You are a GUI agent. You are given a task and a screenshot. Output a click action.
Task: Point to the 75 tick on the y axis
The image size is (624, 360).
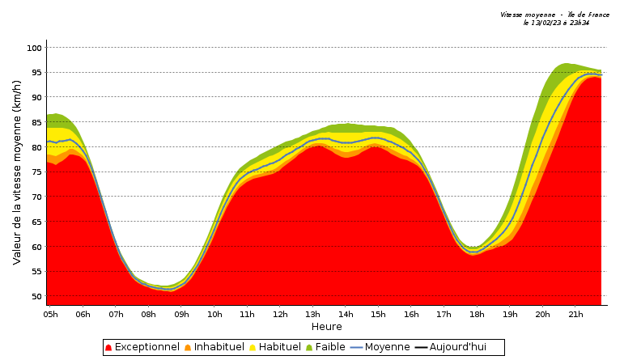[x=35, y=172]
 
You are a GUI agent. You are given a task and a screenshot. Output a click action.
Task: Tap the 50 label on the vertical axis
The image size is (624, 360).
[x=35, y=296]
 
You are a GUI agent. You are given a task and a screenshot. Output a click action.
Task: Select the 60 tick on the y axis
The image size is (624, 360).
[x=35, y=247]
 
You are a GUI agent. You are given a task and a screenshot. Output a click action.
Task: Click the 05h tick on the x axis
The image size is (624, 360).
[x=50, y=314]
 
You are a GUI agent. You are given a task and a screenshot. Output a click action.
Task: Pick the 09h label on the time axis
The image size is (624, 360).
[x=181, y=314]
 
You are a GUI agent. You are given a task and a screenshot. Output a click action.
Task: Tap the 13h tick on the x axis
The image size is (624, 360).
[x=313, y=314]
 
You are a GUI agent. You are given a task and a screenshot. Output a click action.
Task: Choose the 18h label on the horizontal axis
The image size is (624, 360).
[x=478, y=314]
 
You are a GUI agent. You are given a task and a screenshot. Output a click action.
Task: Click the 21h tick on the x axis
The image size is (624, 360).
[x=575, y=314]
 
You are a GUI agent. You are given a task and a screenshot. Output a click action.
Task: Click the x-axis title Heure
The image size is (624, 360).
[x=326, y=327]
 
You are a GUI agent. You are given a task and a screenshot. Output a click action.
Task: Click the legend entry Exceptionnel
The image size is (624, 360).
[x=146, y=347]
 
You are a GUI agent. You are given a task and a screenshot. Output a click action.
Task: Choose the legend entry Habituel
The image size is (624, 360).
[x=279, y=347]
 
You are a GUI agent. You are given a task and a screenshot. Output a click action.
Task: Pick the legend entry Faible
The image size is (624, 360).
[x=329, y=347]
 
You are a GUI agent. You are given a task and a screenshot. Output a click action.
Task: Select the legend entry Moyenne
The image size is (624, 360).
[x=387, y=347]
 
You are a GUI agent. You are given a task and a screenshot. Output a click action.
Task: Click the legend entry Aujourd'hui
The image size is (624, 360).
[x=457, y=347]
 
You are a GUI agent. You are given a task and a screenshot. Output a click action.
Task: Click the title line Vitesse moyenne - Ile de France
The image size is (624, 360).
[x=554, y=15]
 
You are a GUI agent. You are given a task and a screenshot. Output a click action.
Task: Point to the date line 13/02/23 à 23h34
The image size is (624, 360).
[x=556, y=23]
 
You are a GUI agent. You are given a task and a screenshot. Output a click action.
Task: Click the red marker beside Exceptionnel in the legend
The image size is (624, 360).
[x=108, y=348]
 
